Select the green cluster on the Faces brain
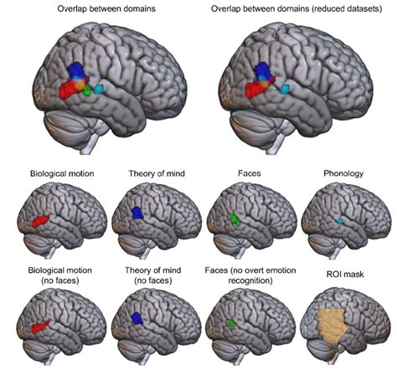236,221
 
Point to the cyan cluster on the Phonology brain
340,221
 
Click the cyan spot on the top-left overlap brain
124,87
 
